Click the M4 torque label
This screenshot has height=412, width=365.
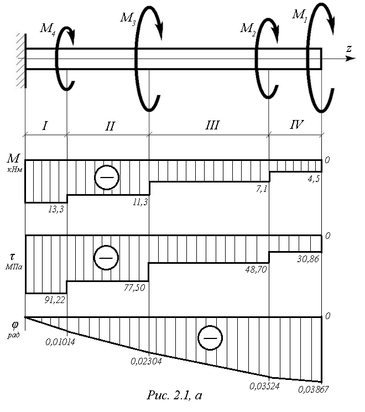tap(48, 28)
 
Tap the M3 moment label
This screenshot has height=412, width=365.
tap(128, 18)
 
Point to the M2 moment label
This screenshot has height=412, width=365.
tap(248, 28)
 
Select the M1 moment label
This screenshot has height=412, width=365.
tap(300, 15)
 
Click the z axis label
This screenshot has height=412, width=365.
tap(349, 49)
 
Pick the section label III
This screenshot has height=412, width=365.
tap(212, 125)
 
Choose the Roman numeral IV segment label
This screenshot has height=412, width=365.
tap(296, 124)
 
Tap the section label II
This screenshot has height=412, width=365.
tap(110, 126)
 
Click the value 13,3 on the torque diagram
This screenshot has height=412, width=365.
tap(56, 210)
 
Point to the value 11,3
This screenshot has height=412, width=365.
tap(140, 202)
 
